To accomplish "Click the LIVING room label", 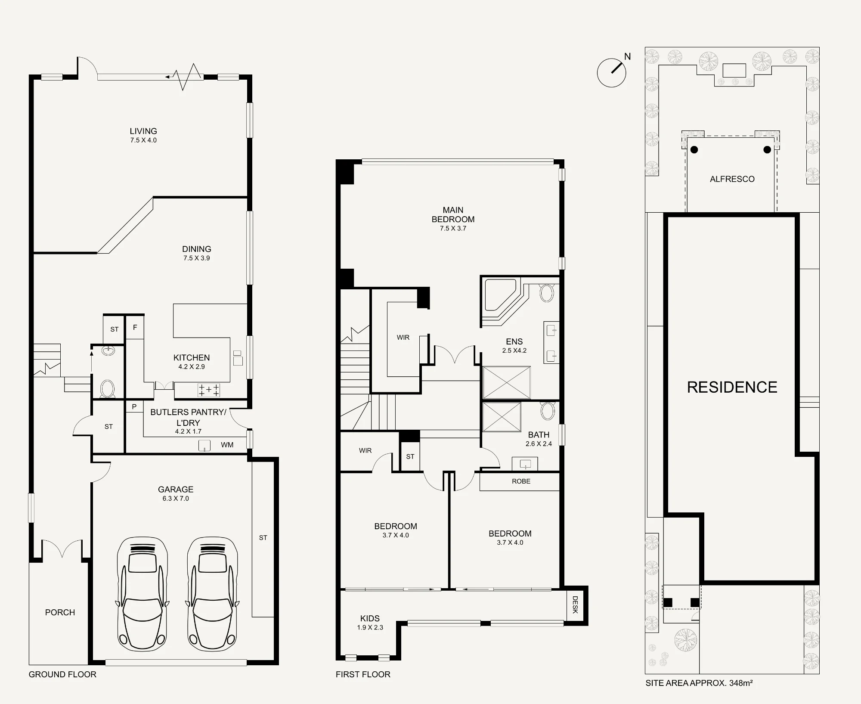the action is (143, 131).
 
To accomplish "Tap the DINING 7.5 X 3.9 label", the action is (197, 253).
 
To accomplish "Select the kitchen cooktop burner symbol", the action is (209, 390).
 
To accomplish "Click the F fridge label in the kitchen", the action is (135, 328).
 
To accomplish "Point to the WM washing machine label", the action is (227, 445).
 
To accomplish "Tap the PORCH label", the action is (60, 612).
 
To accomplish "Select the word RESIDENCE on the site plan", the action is (732, 387).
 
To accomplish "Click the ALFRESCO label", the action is (732, 179).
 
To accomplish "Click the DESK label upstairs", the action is (575, 605).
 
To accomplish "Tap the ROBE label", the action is (521, 481).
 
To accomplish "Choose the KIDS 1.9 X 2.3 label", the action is (370, 623).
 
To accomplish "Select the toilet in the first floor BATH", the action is (548, 411).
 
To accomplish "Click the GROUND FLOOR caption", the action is (62, 674).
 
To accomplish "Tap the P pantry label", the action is (134, 406).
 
